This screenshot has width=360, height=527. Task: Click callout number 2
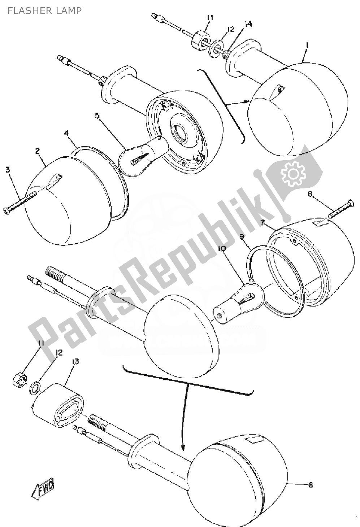(x=38, y=151)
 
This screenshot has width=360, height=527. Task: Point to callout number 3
(x=8, y=169)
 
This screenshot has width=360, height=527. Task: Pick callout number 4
(x=66, y=133)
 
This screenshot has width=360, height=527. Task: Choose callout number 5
(x=97, y=116)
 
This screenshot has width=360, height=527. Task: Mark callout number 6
(x=310, y=485)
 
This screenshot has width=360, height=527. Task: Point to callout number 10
(x=221, y=249)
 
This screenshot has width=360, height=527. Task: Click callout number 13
(x=76, y=361)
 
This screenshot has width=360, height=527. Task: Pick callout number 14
(x=248, y=24)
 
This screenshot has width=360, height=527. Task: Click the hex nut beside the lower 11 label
(x=18, y=379)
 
